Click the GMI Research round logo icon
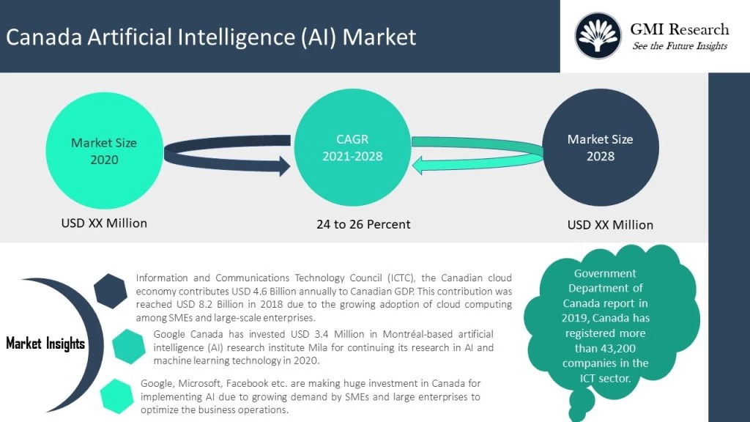click(597, 36)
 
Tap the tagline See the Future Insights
click(680, 46)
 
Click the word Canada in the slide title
click(42, 37)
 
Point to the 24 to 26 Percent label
click(363, 224)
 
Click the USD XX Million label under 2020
click(104, 223)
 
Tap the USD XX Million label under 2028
click(610, 225)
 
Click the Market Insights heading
click(45, 343)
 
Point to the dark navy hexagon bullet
click(111, 291)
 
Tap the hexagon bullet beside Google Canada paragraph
click(130, 346)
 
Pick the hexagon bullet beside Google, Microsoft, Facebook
click(117, 396)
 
